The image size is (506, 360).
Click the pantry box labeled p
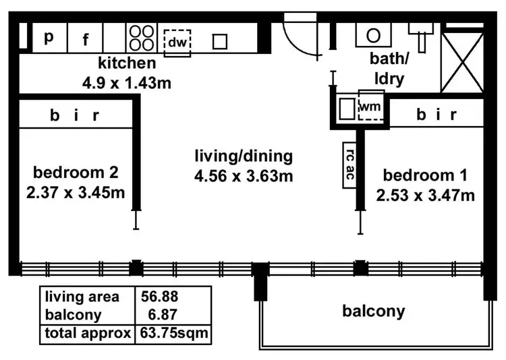48,38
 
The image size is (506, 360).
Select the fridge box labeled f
86,39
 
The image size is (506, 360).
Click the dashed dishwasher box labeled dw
177,42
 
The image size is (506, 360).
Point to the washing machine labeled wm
370,106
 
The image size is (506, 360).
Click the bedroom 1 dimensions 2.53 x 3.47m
426,196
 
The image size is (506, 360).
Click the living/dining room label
243,157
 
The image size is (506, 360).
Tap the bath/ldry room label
388,70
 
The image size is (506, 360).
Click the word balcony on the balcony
374,311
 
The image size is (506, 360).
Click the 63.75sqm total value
173,332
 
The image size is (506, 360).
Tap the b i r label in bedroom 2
74,115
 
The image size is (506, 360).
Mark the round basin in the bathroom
373,35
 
